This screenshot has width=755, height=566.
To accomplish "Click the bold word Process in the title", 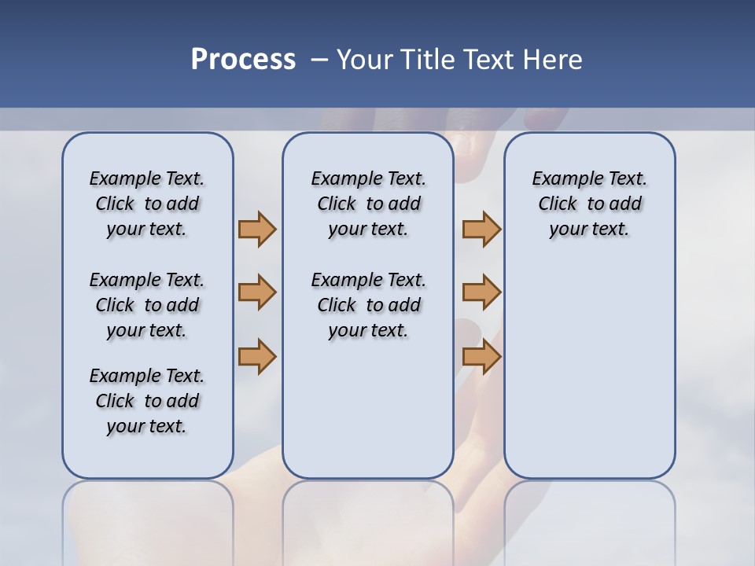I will [243, 60].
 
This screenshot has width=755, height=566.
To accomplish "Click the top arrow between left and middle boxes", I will [257, 229].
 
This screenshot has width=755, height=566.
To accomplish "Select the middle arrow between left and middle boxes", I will [257, 292].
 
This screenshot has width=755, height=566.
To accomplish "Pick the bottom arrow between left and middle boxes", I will [257, 356].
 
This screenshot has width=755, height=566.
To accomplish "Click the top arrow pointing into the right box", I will [481, 229].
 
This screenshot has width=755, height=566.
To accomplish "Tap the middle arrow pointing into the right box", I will [481, 292].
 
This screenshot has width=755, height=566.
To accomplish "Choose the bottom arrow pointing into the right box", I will [481, 356].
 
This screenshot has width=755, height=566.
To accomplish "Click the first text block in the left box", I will [147, 204].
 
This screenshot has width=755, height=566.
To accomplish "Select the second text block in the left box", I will [147, 305].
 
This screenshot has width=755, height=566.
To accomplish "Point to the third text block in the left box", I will [147, 401].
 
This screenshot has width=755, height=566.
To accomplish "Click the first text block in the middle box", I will [369, 204].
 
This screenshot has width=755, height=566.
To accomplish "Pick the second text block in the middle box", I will [369, 305].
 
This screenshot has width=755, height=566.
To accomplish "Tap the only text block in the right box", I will [590, 204].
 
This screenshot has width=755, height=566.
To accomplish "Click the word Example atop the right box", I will [561, 179].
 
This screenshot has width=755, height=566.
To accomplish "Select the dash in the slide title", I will [319, 60].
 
